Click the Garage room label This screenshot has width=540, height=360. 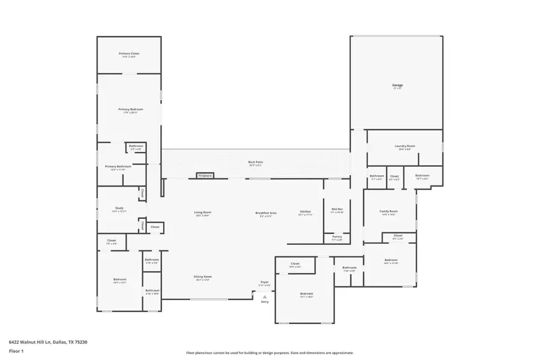(x=397, y=85)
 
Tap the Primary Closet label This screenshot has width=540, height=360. (x=128, y=53)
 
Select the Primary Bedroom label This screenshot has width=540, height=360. (x=130, y=109)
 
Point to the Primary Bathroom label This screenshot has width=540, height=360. (x=118, y=166)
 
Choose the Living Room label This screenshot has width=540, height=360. (x=203, y=212)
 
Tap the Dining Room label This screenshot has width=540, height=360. (x=203, y=277)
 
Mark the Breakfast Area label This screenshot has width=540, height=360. (x=266, y=212)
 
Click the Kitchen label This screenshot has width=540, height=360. (x=305, y=212)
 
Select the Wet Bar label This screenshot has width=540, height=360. (x=337, y=209)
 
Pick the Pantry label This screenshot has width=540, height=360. (x=337, y=237)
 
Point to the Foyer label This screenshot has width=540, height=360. (x=265, y=282)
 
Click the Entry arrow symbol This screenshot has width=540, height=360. (x=265, y=295)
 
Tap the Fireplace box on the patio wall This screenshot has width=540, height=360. (x=205, y=176)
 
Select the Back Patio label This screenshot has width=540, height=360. (x=256, y=162)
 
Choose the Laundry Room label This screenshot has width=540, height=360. (x=404, y=146)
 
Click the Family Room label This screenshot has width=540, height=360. (x=389, y=211)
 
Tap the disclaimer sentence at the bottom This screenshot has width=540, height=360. (x=269, y=353)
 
